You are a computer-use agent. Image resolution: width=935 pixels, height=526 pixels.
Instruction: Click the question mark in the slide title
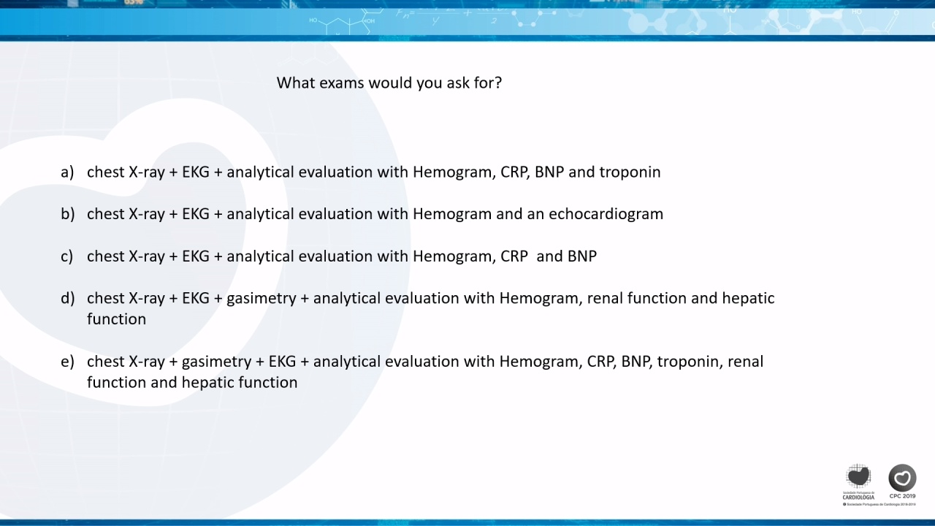(498, 83)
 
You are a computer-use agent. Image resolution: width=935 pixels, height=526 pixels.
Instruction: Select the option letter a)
(67, 172)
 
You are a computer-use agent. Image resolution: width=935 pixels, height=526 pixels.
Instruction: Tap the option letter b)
(68, 214)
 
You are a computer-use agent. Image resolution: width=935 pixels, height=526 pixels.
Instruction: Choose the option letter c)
(66, 256)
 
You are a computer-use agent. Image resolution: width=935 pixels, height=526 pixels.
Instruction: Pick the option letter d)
(68, 298)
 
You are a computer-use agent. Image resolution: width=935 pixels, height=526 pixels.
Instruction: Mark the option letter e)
(67, 361)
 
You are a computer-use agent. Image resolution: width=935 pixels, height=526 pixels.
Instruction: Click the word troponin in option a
(630, 172)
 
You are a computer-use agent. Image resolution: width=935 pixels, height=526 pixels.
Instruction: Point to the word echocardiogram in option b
(606, 214)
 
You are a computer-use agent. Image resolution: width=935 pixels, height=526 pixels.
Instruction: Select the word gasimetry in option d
(262, 299)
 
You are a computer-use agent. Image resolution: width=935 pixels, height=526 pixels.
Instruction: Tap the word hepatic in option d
(749, 299)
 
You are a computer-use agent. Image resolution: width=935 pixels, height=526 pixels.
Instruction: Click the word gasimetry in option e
(217, 362)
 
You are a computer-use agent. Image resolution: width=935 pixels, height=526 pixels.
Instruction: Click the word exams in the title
(341, 83)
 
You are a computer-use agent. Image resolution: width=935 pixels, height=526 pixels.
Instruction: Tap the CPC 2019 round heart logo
(902, 478)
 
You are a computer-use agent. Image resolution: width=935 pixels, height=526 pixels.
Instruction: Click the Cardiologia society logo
(858, 481)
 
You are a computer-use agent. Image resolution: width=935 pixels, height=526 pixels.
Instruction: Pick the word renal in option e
(746, 361)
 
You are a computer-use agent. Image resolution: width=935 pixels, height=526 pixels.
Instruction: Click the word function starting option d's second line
(116, 319)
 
